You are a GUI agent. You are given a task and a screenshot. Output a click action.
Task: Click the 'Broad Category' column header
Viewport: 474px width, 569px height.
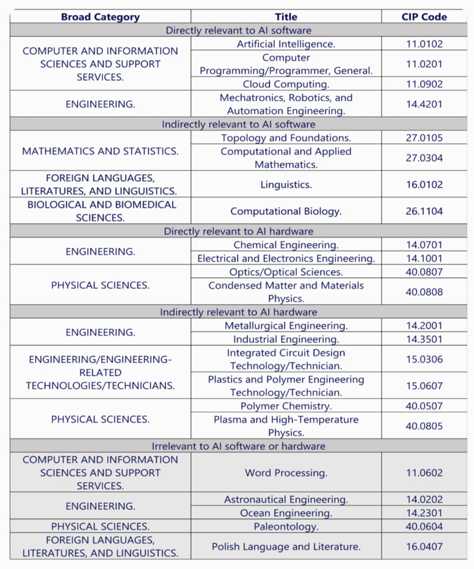tap(100, 17)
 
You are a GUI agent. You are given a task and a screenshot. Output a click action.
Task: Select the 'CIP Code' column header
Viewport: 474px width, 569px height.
tap(424, 17)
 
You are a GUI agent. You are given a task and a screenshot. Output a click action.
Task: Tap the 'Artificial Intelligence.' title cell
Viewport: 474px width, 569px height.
tap(286, 44)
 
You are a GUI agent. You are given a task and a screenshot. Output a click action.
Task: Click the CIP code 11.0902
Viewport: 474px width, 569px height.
tap(424, 85)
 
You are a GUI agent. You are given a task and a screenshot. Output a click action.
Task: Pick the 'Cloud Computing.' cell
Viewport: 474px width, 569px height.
tap(286, 85)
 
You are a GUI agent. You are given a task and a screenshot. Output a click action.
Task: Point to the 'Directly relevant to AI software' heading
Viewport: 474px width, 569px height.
tap(238, 30)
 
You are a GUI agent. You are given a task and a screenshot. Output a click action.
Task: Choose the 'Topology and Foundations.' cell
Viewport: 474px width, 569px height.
tap(286, 138)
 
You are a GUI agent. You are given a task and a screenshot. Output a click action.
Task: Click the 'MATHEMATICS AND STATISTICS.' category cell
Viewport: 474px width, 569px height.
tap(100, 151)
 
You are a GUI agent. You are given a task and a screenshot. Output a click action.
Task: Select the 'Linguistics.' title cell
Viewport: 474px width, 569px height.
tap(286, 184)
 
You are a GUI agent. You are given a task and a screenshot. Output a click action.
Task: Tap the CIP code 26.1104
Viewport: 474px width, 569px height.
tap(424, 211)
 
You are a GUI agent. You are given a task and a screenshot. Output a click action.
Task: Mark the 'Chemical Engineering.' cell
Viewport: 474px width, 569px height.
tap(286, 245)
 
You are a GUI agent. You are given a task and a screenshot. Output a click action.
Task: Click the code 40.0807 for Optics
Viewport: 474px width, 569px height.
tap(424, 272)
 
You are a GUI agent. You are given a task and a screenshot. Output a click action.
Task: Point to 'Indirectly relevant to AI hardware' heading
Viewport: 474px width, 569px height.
tap(238, 312)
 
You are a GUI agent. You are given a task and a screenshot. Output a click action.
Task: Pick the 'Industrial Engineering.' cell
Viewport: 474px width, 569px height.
tap(286, 339)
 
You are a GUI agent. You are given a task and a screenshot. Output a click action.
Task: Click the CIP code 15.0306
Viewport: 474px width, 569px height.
tap(424, 359)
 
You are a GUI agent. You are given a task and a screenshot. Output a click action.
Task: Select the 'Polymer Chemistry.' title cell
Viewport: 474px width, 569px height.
tap(286, 406)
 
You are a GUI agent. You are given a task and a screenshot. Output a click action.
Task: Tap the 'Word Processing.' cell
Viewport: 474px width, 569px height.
tap(286, 473)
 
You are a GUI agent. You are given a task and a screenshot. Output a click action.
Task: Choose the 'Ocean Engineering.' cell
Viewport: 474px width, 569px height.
tap(286, 513)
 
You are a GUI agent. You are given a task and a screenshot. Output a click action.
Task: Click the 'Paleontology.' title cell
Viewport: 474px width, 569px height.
tap(286, 526)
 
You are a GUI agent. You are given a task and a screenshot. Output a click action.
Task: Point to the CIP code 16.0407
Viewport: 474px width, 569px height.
tap(424, 547)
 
